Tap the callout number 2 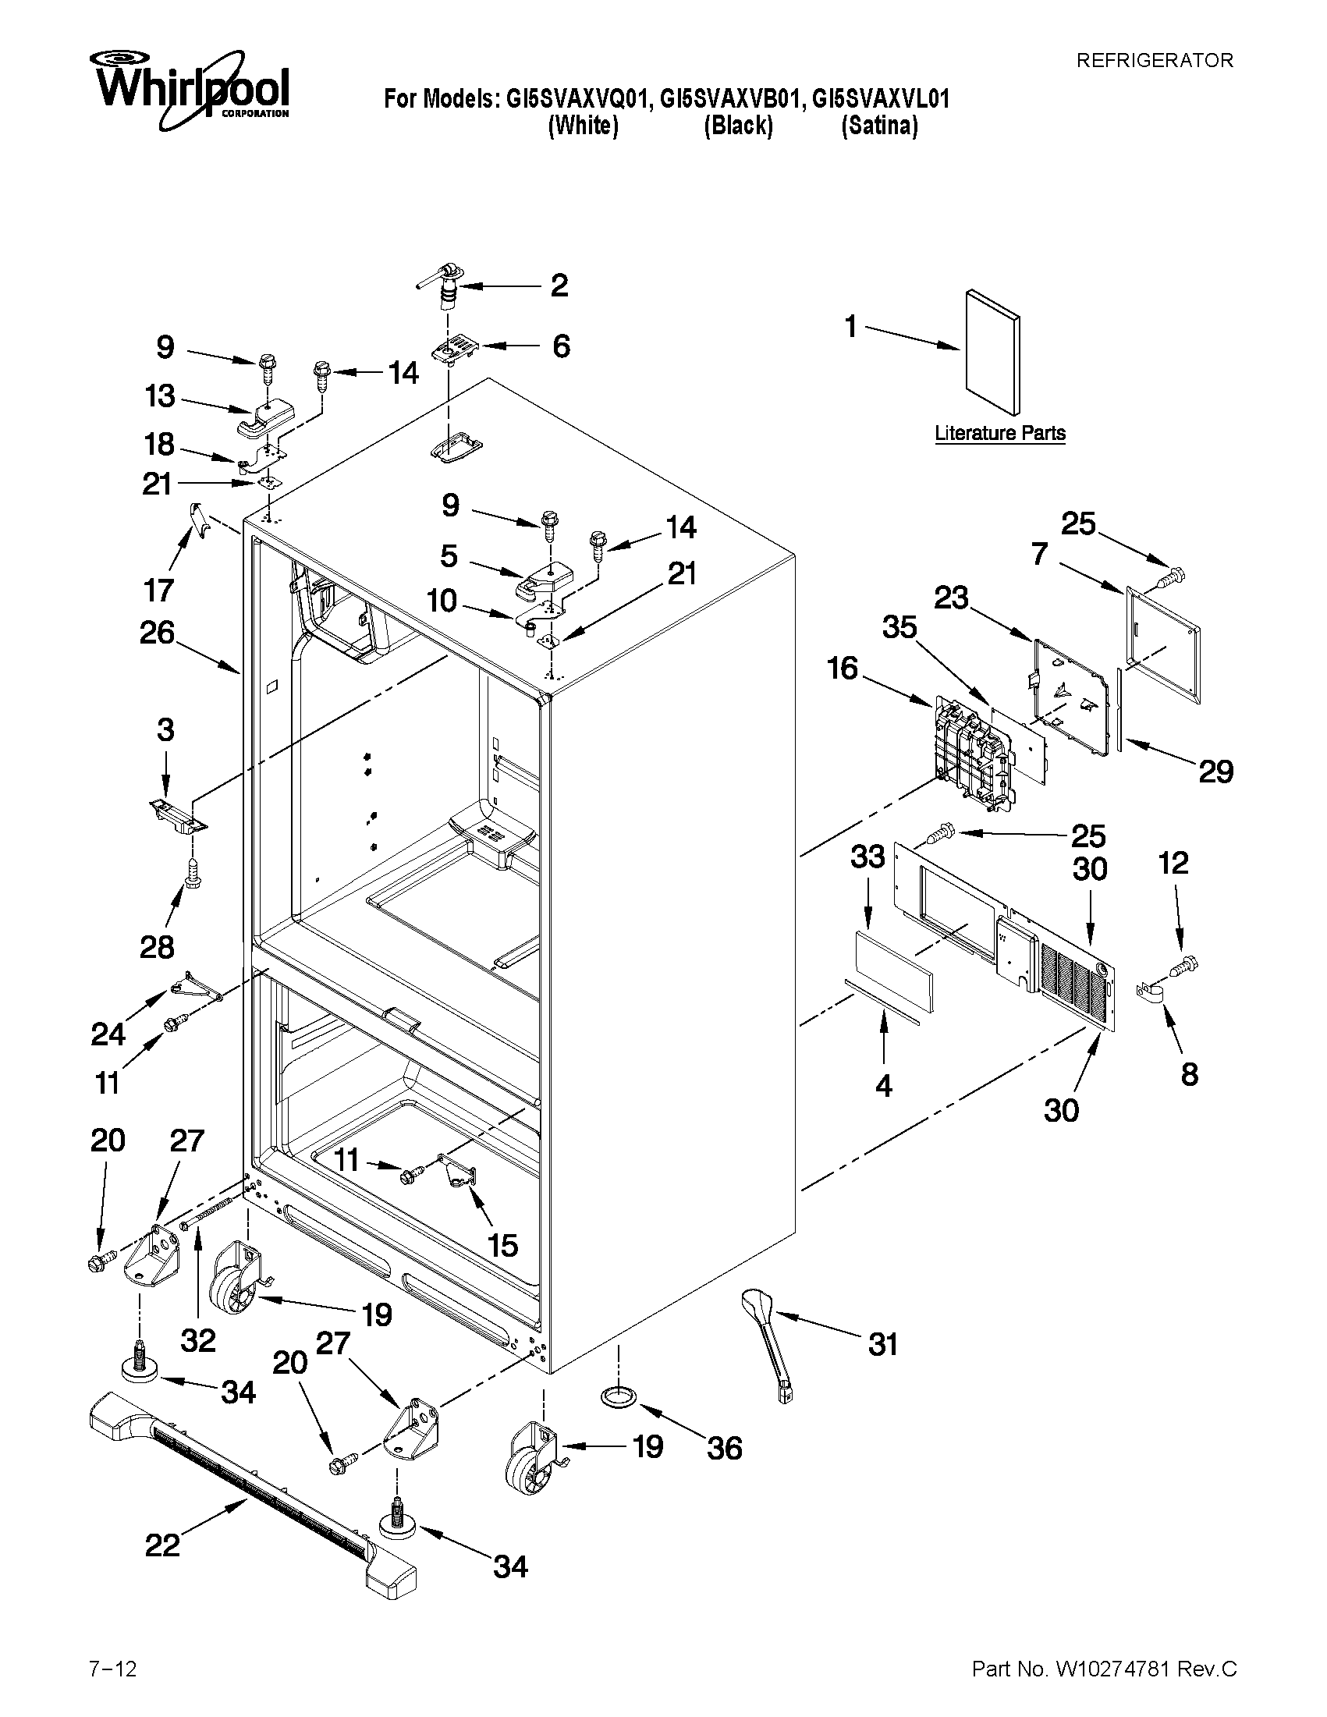[559, 286]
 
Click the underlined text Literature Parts [1000, 433]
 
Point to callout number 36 [723, 1448]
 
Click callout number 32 [197, 1340]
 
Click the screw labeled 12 [1184, 966]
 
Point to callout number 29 [1215, 772]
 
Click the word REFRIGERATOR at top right [1154, 61]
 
